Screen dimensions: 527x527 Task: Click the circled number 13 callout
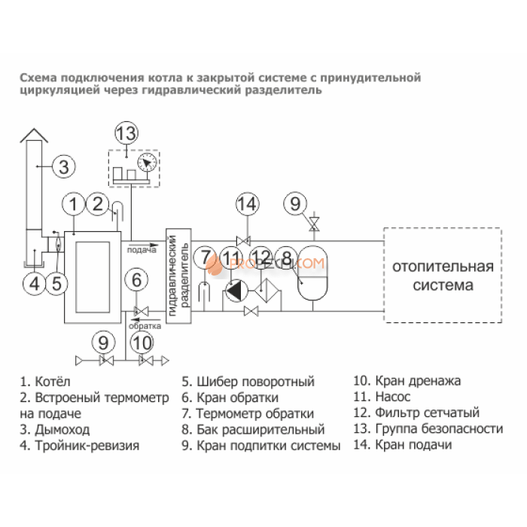coord(126,133)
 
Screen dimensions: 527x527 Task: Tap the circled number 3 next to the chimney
coord(64,166)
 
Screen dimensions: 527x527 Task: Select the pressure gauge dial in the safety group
coord(148,163)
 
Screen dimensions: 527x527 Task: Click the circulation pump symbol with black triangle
coord(236,291)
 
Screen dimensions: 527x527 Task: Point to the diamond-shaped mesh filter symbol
coord(267,291)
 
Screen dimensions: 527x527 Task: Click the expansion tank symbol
coord(313,273)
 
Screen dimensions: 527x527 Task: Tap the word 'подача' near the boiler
coord(142,250)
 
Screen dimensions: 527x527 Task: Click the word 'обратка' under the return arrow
coord(145,326)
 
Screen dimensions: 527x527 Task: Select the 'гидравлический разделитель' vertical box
coord(179,276)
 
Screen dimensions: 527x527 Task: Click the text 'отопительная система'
coord(443,276)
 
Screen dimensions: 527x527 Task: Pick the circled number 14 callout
coord(248,204)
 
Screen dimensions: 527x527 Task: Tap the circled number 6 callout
coord(136,280)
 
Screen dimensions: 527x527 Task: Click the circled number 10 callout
coord(142,343)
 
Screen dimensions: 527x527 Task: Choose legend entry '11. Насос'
coord(382,397)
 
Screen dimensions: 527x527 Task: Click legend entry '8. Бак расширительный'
coord(254,430)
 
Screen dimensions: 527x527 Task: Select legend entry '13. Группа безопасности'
coord(428,429)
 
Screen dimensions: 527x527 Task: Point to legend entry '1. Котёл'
coord(45,382)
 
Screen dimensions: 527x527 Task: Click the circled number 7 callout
coord(205,257)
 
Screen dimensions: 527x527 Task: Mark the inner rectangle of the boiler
coord(93,277)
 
